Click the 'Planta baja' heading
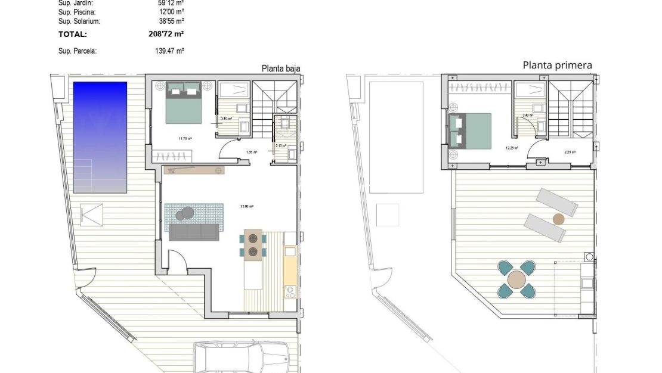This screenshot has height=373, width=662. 280,69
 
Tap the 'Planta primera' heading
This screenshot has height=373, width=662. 557,65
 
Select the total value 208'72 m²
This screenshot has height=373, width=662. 166,35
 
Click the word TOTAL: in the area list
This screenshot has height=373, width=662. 73,35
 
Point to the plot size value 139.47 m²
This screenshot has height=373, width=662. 169,51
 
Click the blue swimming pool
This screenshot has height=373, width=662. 100,137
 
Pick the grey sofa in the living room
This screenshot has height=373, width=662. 194,232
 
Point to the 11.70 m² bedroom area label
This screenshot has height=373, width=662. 185,138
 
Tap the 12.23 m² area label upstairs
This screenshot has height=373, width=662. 512,148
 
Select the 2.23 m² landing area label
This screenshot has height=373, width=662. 570,152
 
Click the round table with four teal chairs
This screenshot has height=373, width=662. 516,278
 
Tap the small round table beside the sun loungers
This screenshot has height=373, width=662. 558,219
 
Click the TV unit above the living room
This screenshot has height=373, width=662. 194,170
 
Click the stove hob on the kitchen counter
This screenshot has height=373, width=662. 290,293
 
